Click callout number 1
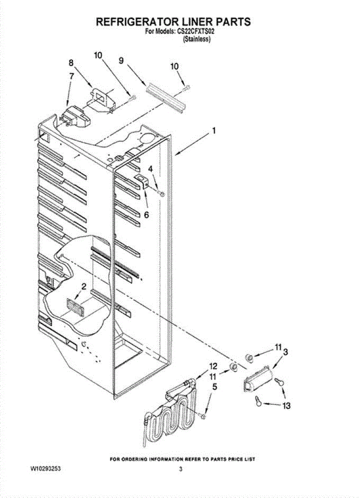tap(214, 131)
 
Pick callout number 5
tap(214, 387)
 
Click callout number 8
tap(71, 63)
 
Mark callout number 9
tap(121, 61)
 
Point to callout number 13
tap(286, 405)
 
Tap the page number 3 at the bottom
tap(180, 469)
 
